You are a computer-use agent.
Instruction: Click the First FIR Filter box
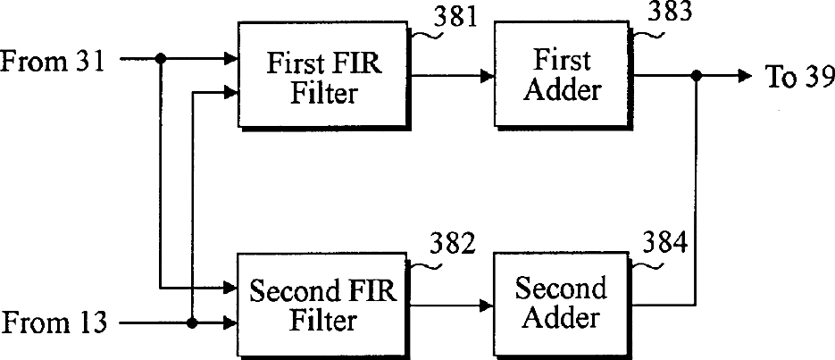click(324, 77)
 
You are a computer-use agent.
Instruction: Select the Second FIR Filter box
click(323, 304)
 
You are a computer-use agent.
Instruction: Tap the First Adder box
click(563, 77)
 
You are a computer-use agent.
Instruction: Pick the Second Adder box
click(561, 304)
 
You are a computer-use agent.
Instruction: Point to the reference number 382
click(452, 244)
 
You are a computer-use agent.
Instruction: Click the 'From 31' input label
click(54, 61)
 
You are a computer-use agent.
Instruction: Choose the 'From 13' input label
click(54, 322)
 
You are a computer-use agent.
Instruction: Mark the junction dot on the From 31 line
click(161, 60)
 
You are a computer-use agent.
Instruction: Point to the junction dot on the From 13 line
click(192, 322)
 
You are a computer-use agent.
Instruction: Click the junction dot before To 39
click(697, 77)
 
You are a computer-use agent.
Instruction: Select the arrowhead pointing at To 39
click(745, 77)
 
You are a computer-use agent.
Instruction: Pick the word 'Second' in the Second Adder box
click(561, 289)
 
